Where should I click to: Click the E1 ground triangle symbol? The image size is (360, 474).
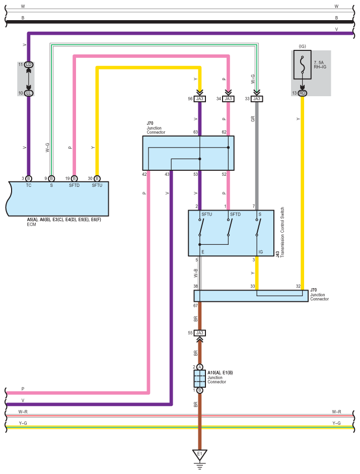click(199, 455)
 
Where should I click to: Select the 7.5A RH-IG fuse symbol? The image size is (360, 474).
click(302, 64)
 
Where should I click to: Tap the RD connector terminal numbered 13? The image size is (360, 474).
click(302, 93)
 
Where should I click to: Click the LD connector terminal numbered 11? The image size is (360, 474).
click(29, 64)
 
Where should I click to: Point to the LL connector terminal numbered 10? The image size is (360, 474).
click(29, 93)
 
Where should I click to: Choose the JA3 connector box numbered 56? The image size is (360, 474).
click(199, 99)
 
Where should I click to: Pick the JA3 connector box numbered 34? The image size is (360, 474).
click(228, 99)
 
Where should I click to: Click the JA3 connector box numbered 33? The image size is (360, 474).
click(257, 99)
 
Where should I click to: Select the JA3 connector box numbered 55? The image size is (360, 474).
click(199, 333)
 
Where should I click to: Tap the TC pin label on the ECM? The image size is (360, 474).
click(29, 185)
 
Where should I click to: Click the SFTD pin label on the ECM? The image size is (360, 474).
click(74, 185)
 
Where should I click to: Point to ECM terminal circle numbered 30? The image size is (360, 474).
click(97, 179)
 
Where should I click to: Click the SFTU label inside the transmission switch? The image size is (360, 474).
click(207, 214)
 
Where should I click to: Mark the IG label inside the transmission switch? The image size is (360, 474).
click(260, 252)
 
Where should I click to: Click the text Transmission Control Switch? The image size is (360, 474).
click(282, 232)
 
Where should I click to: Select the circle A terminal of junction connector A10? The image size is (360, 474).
click(199, 367)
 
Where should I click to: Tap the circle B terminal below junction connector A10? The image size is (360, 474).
click(199, 390)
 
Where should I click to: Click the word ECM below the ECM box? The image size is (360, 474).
click(31, 224)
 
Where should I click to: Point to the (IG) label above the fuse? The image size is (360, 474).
click(302, 46)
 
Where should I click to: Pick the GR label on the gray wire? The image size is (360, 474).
click(253, 119)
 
